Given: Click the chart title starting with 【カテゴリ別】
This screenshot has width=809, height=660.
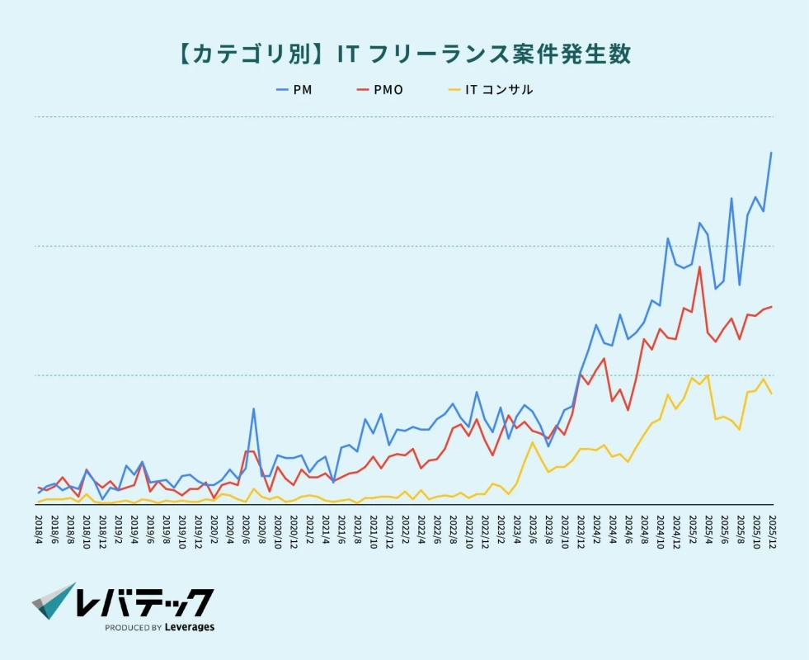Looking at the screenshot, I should pyautogui.click(x=403, y=54).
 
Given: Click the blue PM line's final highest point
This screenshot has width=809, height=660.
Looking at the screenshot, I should pyautogui.click(x=771, y=153).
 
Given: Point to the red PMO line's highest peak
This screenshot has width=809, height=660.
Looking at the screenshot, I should pyautogui.click(x=699, y=266).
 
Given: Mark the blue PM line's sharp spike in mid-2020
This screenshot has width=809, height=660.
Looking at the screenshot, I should pyautogui.click(x=254, y=408).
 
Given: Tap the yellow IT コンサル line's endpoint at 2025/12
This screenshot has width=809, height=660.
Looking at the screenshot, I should pyautogui.click(x=771, y=394).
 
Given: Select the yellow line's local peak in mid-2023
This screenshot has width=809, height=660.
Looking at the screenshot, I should pyautogui.click(x=533, y=442).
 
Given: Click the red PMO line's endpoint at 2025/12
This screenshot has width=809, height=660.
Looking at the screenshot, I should pyautogui.click(x=771, y=307).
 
